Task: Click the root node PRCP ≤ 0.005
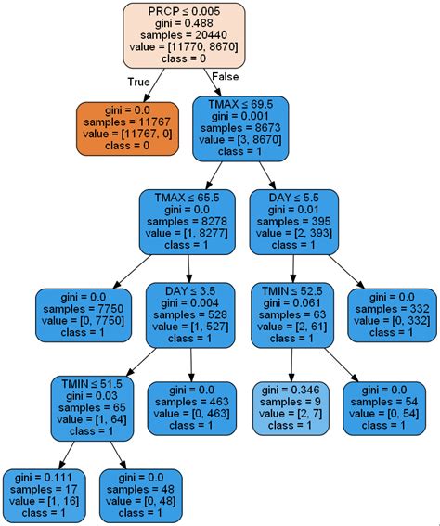pyautogui.click(x=184, y=35)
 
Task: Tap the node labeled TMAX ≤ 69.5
pyautogui.click(x=241, y=126)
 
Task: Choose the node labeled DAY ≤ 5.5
pyautogui.click(x=293, y=223)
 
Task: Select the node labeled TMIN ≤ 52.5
pyautogui.click(x=292, y=314)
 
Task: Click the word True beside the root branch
pyautogui.click(x=138, y=82)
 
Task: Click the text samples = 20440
pyautogui.click(x=184, y=35)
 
